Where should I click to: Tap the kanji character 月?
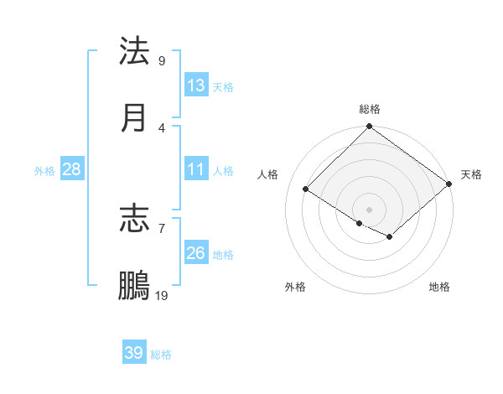(x=134, y=118)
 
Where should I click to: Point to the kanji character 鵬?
(x=134, y=286)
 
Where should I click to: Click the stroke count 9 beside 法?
(x=162, y=60)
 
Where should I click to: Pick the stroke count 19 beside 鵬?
(x=162, y=295)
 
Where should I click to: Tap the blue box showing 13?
(x=196, y=86)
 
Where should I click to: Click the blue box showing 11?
(x=196, y=169)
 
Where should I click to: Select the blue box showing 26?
(x=196, y=253)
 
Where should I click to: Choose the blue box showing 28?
(x=72, y=169)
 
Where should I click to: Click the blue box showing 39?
(x=134, y=353)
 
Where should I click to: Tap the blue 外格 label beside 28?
(x=44, y=170)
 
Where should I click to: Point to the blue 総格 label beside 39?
(x=161, y=355)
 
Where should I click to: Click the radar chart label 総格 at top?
(x=370, y=109)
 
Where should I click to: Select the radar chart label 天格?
(x=471, y=174)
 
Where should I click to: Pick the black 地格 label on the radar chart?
(x=439, y=287)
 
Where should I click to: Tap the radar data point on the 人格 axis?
(x=306, y=189)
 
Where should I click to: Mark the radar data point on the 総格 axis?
(x=370, y=127)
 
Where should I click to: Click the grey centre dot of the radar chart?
(x=370, y=209)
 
